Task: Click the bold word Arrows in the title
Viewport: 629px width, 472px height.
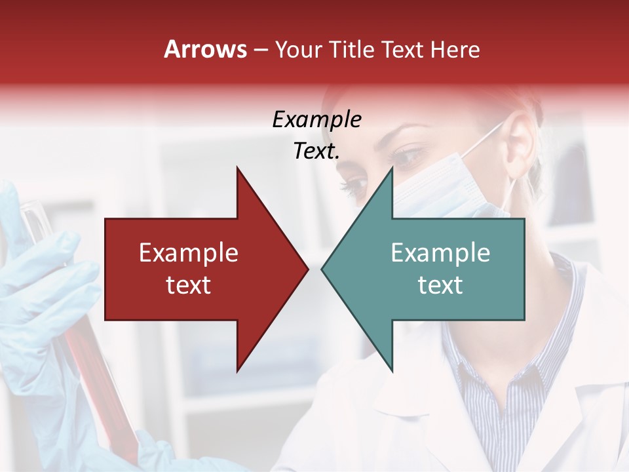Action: click(x=205, y=49)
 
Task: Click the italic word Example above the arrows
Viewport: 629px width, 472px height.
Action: click(x=316, y=120)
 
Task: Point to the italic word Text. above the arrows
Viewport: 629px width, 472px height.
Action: click(x=316, y=151)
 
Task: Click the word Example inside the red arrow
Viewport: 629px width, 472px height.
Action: click(x=189, y=252)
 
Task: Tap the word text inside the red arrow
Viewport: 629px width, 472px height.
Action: click(x=189, y=285)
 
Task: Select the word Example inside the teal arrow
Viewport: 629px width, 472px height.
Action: click(x=440, y=252)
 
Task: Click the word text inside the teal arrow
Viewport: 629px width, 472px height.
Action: click(x=440, y=285)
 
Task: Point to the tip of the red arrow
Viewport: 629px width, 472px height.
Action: click(x=308, y=269)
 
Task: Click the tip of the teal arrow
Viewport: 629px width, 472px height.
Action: click(x=322, y=269)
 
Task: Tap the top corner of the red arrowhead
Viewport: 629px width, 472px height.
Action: click(x=237, y=168)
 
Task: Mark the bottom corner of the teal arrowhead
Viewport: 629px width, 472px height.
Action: click(x=392, y=372)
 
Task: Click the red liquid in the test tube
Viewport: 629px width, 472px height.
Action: click(x=98, y=380)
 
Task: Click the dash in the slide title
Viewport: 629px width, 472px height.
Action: click(x=260, y=50)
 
